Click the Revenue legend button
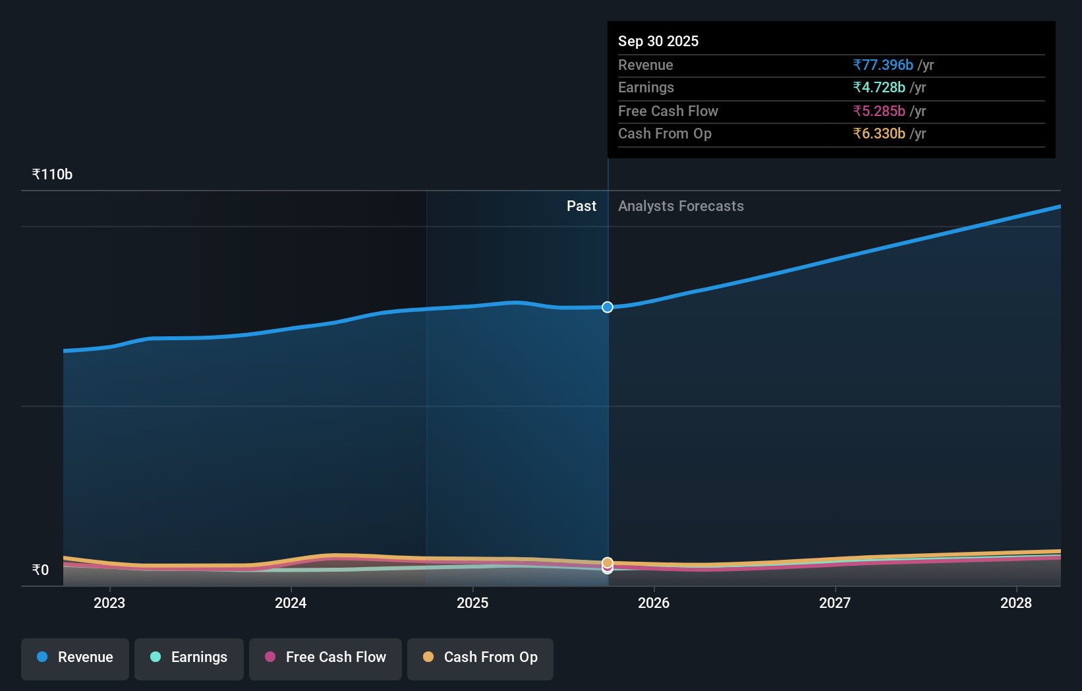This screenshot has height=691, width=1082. point(75,658)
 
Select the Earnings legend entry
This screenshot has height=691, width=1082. point(189,658)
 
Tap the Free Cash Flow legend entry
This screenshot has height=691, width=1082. point(326,658)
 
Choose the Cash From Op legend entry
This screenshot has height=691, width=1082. point(480,658)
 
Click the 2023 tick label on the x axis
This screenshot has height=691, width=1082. point(109,603)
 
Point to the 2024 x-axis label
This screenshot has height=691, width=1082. point(291,603)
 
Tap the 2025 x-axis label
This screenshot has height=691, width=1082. point(472,603)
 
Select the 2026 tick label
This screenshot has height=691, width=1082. point(654,603)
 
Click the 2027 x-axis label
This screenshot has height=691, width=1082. point(835,603)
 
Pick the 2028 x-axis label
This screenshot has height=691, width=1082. point(1016,603)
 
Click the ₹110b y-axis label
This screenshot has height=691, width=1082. point(52,175)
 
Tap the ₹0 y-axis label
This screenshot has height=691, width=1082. point(40,570)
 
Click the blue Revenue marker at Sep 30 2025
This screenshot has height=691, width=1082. point(608,307)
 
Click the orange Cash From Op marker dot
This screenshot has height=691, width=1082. point(608,562)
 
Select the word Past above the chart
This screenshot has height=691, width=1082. point(581,206)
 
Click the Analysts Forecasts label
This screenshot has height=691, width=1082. point(681,206)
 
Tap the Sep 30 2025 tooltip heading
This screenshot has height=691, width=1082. point(658,42)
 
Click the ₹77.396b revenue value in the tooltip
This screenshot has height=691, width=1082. point(883,65)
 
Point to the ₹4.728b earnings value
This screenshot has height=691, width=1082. point(879,88)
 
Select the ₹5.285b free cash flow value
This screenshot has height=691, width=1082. point(879,111)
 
